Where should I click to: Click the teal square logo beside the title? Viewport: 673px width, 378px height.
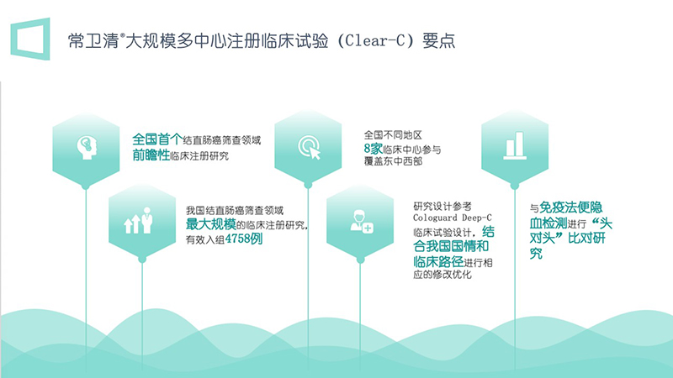pyautogui.click(x=30, y=39)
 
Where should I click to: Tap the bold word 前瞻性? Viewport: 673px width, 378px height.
pyautogui.click(x=151, y=155)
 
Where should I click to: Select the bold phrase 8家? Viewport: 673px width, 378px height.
pyautogui.click(x=374, y=148)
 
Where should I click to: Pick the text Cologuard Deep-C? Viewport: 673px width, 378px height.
pyautogui.click(x=447, y=218)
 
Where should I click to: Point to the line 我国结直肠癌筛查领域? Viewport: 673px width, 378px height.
pyautogui.click(x=234, y=210)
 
